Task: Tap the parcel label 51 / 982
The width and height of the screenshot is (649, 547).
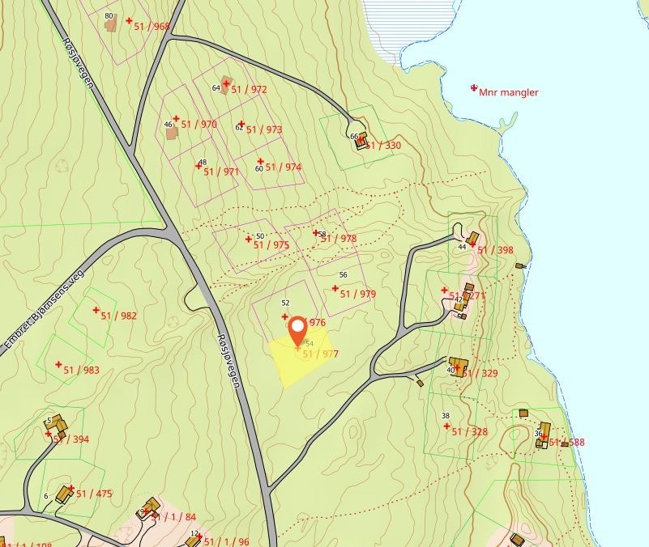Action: [x=118, y=316]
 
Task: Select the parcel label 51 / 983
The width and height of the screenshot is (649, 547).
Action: [x=81, y=370]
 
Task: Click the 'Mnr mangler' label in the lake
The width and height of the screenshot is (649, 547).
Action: [x=508, y=92]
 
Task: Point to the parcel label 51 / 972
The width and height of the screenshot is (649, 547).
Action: [x=249, y=89]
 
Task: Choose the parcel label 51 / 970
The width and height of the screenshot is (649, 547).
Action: [x=199, y=125]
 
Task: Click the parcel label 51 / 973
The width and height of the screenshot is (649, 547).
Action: [x=263, y=129]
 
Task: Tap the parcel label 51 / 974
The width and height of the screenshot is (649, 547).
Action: [x=283, y=167]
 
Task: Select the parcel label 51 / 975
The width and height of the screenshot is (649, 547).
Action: [x=271, y=244]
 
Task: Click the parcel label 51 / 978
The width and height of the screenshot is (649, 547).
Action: [x=339, y=239]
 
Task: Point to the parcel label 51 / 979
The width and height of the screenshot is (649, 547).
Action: [x=357, y=295]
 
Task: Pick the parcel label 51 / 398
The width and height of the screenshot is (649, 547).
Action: [x=495, y=250]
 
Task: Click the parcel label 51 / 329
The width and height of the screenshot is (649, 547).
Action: [x=480, y=373]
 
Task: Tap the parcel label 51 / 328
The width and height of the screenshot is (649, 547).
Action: [x=469, y=431]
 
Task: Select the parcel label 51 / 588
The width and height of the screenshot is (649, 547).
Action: [x=566, y=443]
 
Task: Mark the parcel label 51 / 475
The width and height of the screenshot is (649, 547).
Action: [x=94, y=493]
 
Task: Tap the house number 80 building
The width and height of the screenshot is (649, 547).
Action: [x=112, y=24]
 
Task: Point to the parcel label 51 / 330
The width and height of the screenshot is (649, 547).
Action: [x=382, y=146]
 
